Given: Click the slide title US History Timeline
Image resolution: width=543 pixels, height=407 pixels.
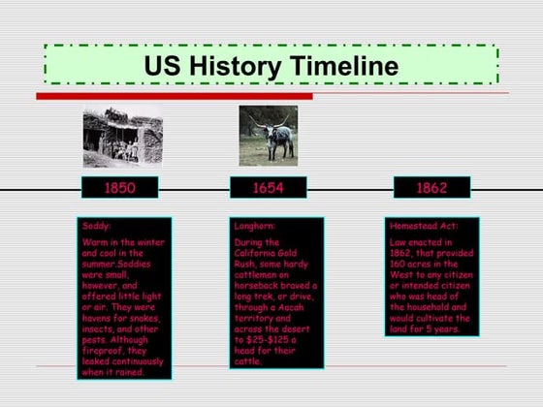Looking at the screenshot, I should [271, 66].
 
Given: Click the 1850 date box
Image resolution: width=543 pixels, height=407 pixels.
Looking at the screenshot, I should [119, 187].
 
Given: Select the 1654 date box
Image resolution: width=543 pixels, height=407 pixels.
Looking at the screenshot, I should [268, 187].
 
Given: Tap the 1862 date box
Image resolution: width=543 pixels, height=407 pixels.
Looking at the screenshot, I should [431, 187].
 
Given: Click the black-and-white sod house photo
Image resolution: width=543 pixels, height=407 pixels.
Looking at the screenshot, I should [122, 135].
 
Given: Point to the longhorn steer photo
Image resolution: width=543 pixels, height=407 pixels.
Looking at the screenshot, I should [268, 135].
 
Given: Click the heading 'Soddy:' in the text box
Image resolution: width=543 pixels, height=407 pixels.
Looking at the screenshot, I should [97, 226].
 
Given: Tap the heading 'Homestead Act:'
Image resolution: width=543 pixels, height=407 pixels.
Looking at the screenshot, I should [423, 226].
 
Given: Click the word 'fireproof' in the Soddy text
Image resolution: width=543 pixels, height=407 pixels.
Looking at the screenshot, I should [102, 351].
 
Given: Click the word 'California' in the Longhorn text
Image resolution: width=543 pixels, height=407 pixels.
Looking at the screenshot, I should [259, 253].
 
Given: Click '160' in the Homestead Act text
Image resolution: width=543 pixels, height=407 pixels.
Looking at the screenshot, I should [400, 263].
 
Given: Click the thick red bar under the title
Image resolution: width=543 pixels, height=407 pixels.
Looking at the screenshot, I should [175, 96].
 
